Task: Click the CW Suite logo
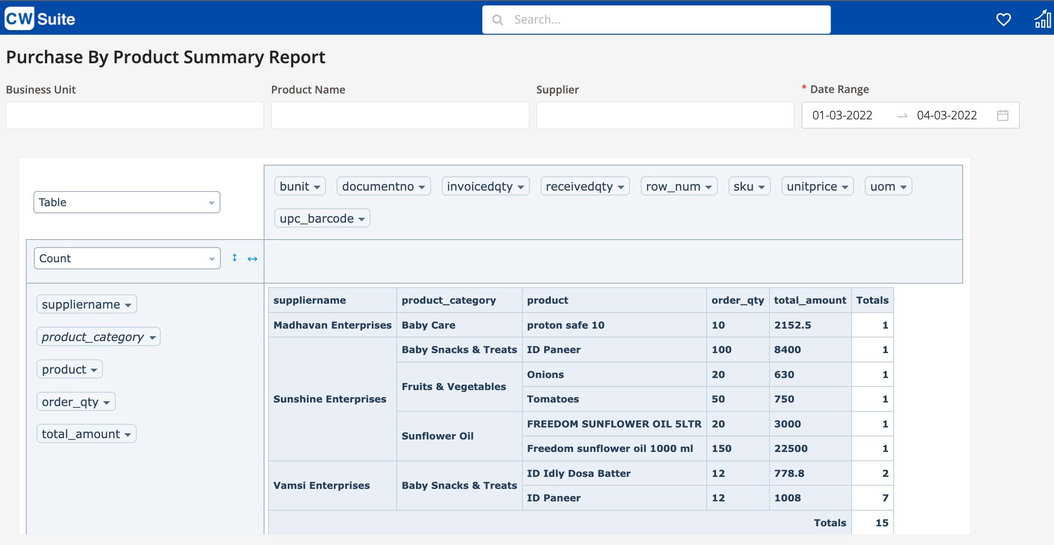40,19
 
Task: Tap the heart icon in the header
1003,20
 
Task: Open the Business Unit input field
134,115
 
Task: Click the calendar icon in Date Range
1002,115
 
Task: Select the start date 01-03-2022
842,115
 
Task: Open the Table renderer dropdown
126,202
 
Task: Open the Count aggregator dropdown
127,258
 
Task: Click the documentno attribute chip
383,186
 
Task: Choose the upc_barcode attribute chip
322,218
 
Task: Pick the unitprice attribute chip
817,186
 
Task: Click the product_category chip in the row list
98,337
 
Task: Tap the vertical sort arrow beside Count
235,258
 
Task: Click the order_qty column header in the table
737,300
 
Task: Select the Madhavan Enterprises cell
332,325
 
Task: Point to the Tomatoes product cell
553,399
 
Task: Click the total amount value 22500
791,448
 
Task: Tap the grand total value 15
882,523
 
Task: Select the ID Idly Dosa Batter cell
578,473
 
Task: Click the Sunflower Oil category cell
437,436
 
